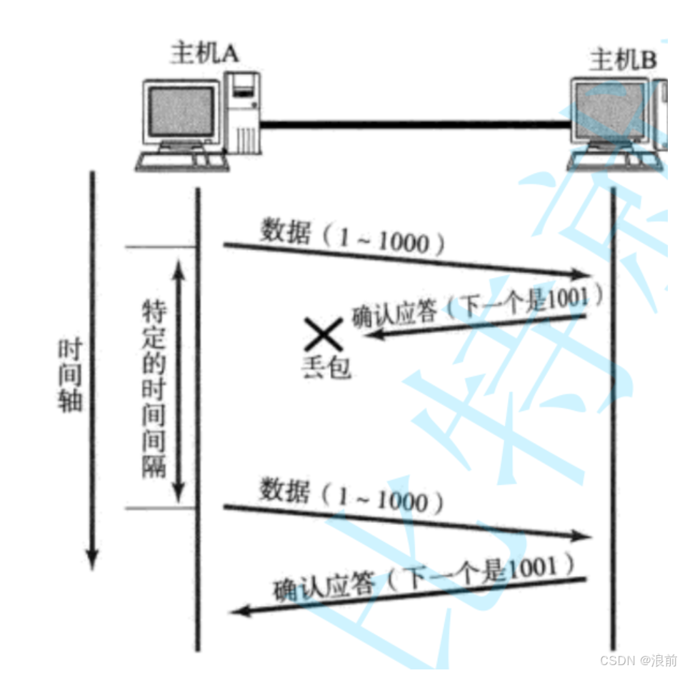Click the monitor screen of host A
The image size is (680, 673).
pos(181,112)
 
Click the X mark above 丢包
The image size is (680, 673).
pos(323,334)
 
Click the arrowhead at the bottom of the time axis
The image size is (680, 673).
pos(91,560)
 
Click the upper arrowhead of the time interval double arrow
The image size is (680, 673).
pos(179,266)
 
